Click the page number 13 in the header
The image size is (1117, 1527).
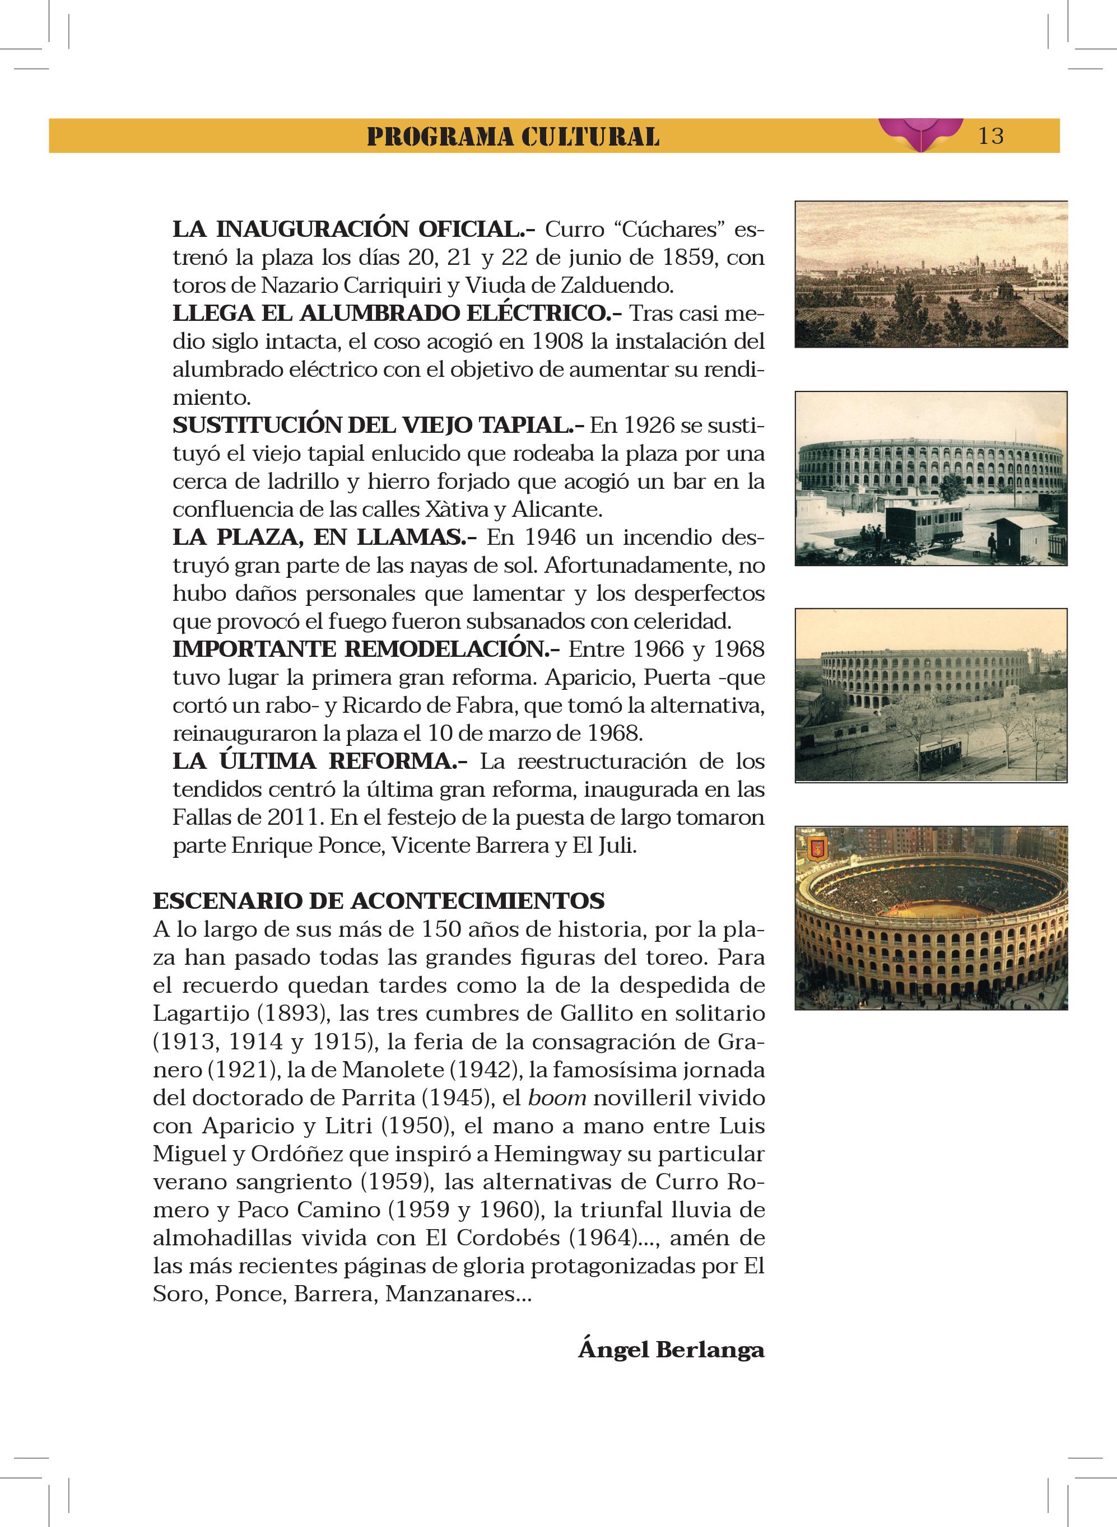990,136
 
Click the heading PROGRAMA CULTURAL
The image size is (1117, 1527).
513,137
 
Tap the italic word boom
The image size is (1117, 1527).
556,1097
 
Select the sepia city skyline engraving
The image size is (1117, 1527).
930,274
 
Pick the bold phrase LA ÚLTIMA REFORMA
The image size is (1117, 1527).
319,761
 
